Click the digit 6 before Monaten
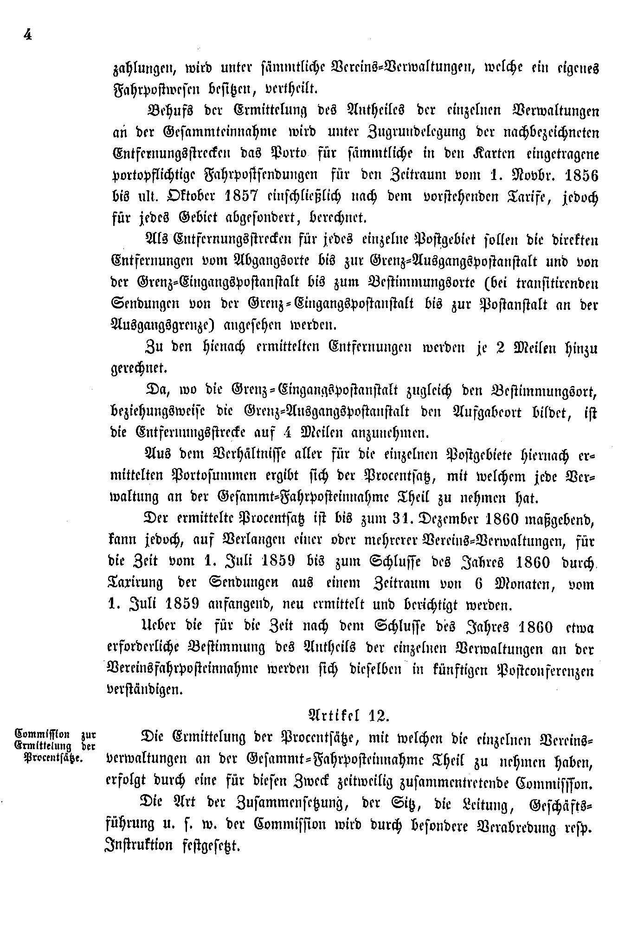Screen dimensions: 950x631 point(480,584)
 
